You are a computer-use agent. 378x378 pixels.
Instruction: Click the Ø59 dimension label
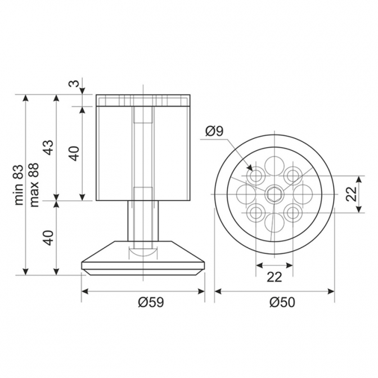(x=151, y=302)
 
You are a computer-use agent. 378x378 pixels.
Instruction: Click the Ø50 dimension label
(x=282, y=302)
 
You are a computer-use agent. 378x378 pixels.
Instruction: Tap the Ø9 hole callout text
(x=214, y=131)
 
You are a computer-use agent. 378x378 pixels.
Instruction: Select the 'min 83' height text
(x=20, y=185)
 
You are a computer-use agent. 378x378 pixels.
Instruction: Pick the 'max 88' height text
(x=34, y=185)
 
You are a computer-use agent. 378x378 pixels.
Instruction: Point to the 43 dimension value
(x=49, y=147)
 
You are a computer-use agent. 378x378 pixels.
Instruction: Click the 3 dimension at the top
(x=75, y=83)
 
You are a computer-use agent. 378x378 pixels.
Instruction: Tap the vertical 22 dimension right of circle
(x=351, y=194)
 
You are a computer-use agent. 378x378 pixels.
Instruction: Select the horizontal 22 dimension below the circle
(x=274, y=277)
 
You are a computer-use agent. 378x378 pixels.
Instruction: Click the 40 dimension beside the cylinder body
(x=75, y=154)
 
